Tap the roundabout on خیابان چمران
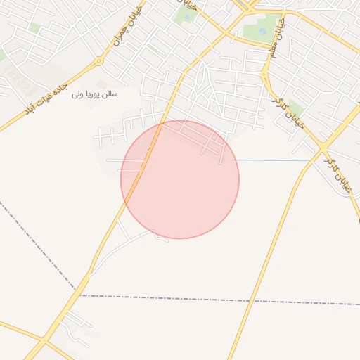99,61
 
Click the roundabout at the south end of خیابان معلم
265,72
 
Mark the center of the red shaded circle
180,179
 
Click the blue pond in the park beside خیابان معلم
262,31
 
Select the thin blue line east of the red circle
274,161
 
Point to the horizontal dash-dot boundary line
211,299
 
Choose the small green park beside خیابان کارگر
295,107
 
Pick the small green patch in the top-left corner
34,27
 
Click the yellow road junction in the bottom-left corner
44,342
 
